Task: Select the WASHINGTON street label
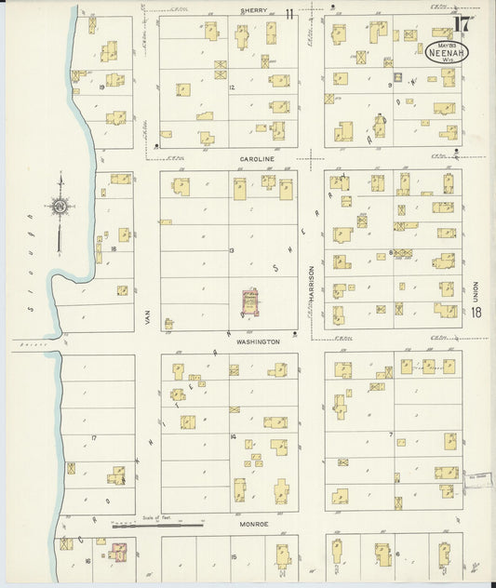(258, 341)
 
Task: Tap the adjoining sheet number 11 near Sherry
(290, 13)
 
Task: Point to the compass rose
(60, 207)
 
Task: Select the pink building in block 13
(249, 301)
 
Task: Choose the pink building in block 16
(118, 552)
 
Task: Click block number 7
(392, 434)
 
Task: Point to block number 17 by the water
(93, 437)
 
